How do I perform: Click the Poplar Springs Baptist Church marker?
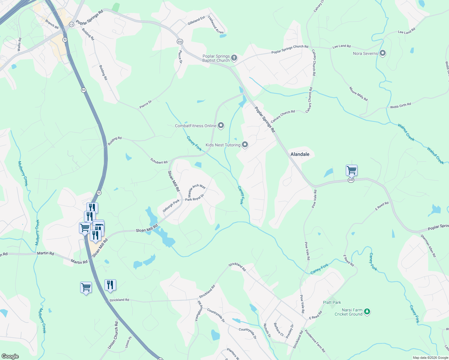click(x=234, y=58)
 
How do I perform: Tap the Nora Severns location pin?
click(x=382, y=53)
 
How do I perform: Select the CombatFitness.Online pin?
click(x=221, y=125)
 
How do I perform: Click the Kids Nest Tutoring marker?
click(x=245, y=145)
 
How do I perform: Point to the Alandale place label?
click(x=300, y=154)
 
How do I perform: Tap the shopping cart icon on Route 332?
click(x=351, y=170)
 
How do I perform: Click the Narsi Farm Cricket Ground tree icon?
click(x=367, y=312)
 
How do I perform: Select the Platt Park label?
click(x=332, y=302)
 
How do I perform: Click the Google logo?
click(x=10, y=356)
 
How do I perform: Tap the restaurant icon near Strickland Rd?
click(x=110, y=285)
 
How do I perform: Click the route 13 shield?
click(x=71, y=25)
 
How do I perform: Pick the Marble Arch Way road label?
click(x=197, y=190)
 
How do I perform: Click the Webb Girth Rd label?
click(x=400, y=105)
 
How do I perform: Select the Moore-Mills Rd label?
click(x=358, y=94)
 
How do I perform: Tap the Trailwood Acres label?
click(x=216, y=25)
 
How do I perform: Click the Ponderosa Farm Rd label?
click(x=315, y=341)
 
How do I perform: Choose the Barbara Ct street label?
click(x=279, y=329)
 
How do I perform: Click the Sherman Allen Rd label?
click(x=428, y=246)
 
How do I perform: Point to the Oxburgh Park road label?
click(x=171, y=206)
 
